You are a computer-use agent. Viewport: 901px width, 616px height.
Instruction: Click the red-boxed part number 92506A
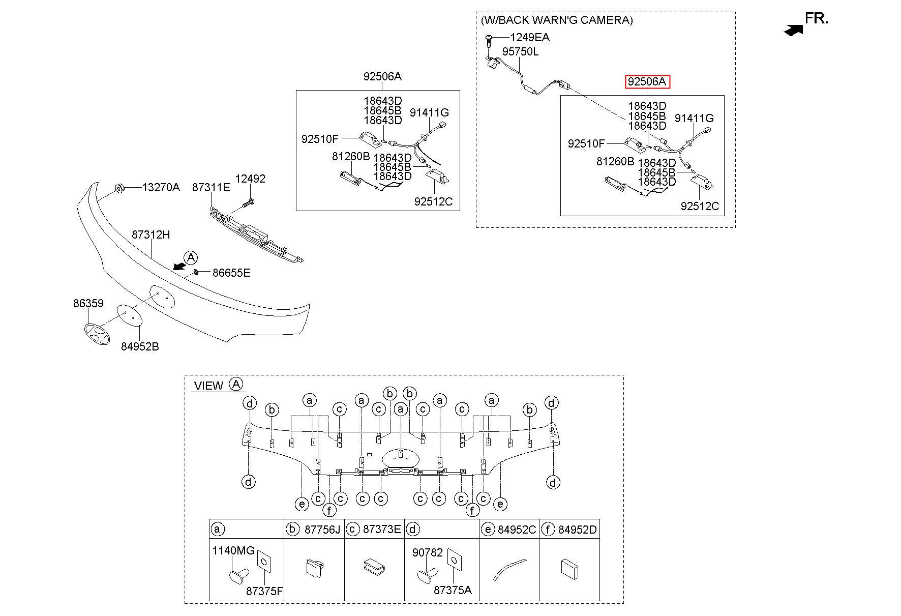[647, 81]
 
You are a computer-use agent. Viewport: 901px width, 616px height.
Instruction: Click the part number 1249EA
[530, 37]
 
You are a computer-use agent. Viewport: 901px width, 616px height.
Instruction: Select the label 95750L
[521, 52]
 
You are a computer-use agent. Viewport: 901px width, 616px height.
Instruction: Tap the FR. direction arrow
[793, 30]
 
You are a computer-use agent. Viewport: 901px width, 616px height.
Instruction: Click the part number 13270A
[161, 187]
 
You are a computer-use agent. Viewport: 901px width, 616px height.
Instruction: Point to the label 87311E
[211, 187]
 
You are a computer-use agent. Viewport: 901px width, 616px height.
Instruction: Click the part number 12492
[250, 179]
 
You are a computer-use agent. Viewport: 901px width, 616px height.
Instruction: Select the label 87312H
[151, 234]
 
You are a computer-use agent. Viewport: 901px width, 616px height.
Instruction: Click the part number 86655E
[231, 273]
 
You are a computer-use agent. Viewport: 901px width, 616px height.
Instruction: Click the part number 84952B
[140, 346]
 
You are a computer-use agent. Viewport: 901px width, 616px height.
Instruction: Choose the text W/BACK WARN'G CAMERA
[557, 20]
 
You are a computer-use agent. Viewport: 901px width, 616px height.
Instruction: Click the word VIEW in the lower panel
[208, 386]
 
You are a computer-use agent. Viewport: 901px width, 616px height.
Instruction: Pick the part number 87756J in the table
[322, 530]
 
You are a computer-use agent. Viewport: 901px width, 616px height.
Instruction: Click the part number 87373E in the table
[382, 530]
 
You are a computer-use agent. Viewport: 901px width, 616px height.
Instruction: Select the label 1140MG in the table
[233, 550]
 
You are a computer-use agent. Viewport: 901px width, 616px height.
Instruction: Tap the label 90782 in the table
[428, 552]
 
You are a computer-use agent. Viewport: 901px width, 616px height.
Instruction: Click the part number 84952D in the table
[578, 530]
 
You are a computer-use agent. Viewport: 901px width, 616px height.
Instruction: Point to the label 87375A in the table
[453, 590]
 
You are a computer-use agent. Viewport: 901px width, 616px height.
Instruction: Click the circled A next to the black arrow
[190, 257]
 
